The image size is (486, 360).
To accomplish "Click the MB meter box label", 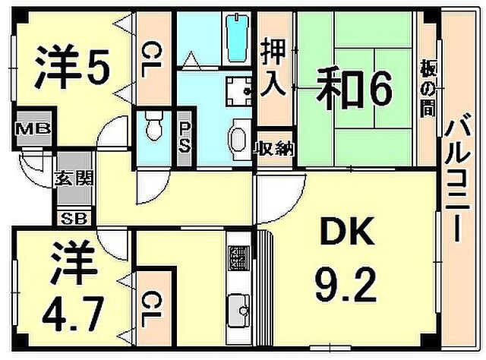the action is (33, 128).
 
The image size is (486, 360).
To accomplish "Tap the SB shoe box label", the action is (74, 219).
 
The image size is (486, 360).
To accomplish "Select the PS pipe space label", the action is (184, 137).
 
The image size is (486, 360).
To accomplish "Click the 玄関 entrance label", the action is (74, 178).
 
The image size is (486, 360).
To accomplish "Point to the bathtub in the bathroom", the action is (238, 39).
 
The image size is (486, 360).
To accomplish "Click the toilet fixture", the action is (154, 126).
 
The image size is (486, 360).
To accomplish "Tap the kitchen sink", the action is (238, 310).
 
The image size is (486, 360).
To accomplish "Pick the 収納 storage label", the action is (273, 150).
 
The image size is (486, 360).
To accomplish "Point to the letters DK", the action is (347, 231).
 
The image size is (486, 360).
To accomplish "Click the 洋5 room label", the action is (72, 68).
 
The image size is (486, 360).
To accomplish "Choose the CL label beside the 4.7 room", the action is (152, 310).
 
